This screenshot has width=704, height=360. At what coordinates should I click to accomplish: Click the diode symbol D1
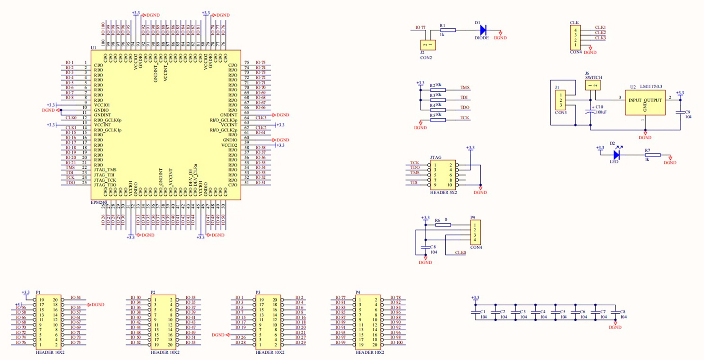[x=483, y=30]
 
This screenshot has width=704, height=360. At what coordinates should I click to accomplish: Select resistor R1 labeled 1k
[x=448, y=30]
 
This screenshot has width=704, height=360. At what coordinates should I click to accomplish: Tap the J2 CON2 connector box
[x=428, y=45]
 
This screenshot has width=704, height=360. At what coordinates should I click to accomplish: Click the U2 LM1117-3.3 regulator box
[x=645, y=103]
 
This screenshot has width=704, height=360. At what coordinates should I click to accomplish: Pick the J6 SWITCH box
[x=593, y=85]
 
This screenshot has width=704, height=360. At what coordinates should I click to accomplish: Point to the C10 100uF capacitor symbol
[x=590, y=112]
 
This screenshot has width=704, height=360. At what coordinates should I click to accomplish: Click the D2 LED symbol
[x=616, y=155]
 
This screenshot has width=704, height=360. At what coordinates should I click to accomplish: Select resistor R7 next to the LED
[x=653, y=155]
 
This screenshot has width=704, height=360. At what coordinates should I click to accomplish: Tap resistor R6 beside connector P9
[x=443, y=225]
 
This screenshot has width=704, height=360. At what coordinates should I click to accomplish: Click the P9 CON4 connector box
[x=475, y=232]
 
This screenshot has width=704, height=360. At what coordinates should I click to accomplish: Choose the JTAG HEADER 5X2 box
[x=442, y=175]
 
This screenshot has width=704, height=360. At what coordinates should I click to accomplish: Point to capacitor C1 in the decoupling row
[x=475, y=311]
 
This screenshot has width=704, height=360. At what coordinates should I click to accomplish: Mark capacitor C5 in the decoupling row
[x=556, y=311]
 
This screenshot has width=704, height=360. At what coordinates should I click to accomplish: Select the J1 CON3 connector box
[x=561, y=100]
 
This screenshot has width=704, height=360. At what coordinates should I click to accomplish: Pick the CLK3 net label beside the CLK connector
[x=600, y=38]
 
